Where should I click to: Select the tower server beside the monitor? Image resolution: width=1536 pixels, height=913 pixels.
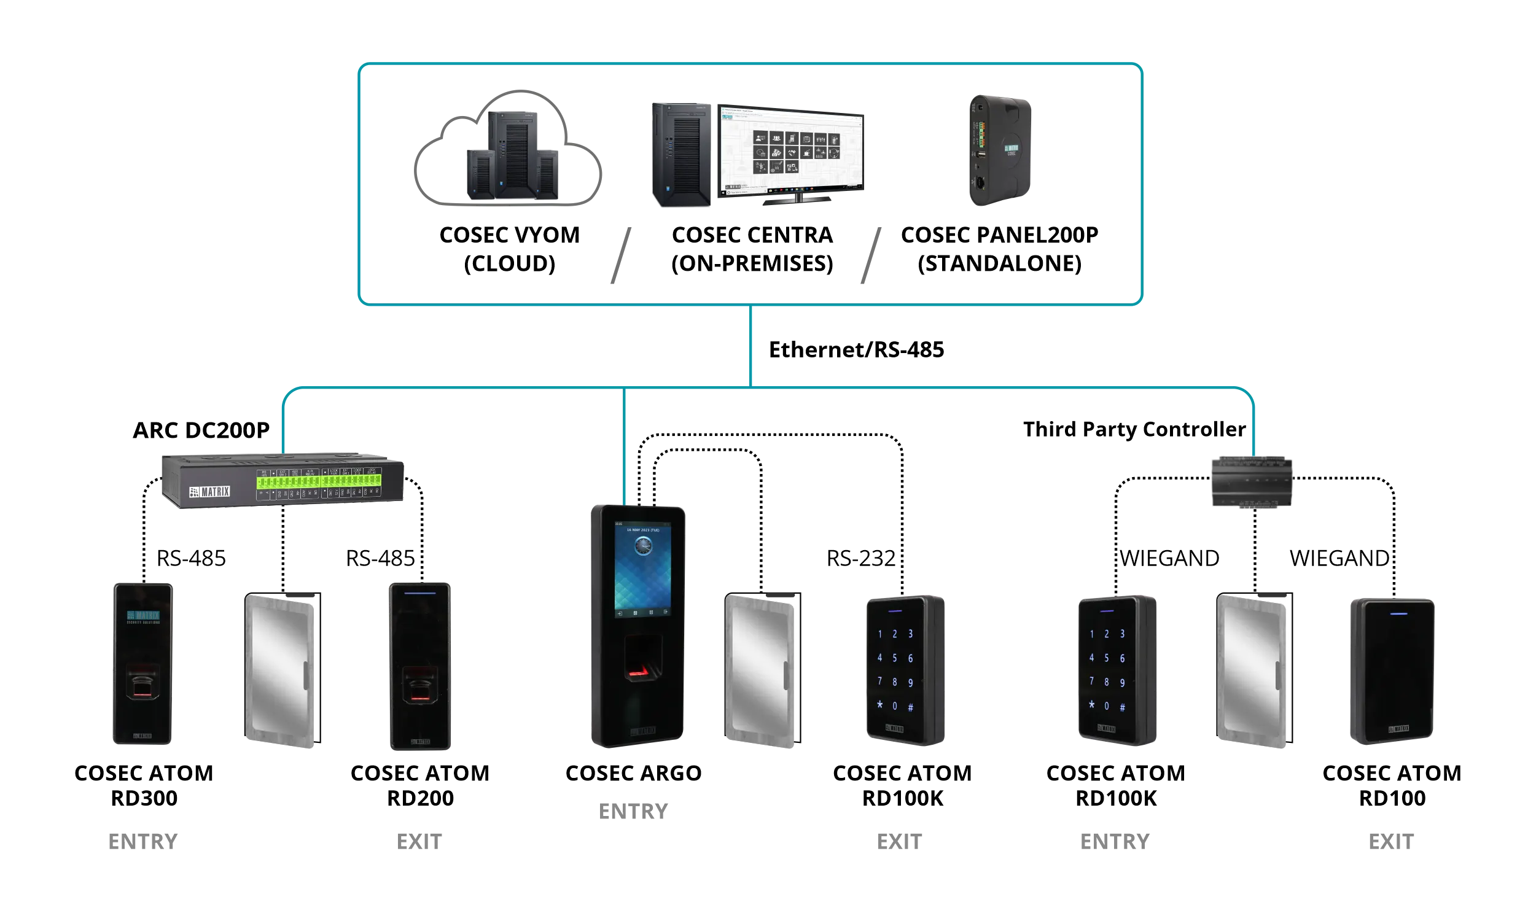(680, 154)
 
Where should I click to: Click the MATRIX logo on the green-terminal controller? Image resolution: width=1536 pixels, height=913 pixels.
(209, 492)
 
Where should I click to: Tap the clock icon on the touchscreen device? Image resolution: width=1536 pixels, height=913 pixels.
(642, 546)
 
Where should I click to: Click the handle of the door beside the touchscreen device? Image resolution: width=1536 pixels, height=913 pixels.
(787, 677)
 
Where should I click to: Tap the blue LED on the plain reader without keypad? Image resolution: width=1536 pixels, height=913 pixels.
(1399, 613)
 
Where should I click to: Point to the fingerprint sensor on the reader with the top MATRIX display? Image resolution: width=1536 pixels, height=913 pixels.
(142, 686)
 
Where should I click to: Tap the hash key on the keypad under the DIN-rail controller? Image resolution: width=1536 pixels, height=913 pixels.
(1122, 707)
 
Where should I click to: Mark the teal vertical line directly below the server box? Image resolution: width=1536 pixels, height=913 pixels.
(750, 344)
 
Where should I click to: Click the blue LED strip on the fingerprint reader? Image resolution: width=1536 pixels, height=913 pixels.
(419, 594)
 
